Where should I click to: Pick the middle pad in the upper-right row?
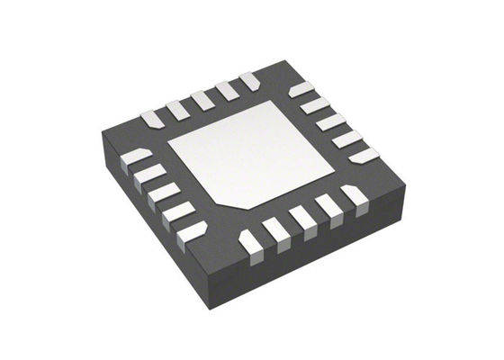[331, 121]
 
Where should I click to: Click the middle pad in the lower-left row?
[163, 193]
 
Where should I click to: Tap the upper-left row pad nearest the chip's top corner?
[249, 81]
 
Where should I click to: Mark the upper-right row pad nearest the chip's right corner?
[364, 155]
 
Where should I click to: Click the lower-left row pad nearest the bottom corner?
[192, 232]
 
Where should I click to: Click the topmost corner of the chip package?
[286, 62]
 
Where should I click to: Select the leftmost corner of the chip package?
[101, 135]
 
